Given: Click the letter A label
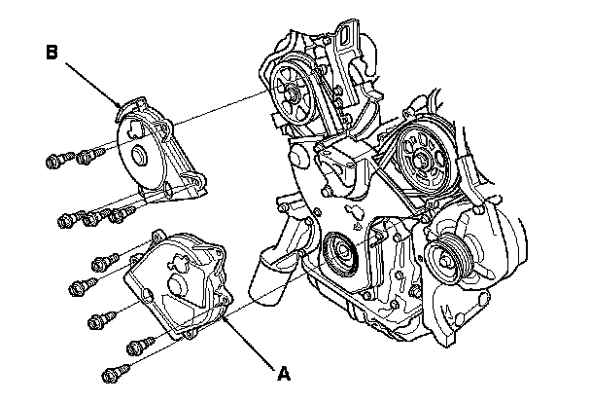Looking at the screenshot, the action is click(284, 371).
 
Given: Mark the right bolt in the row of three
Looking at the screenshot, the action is click(122, 212).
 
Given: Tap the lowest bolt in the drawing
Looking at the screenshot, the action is click(116, 371).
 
